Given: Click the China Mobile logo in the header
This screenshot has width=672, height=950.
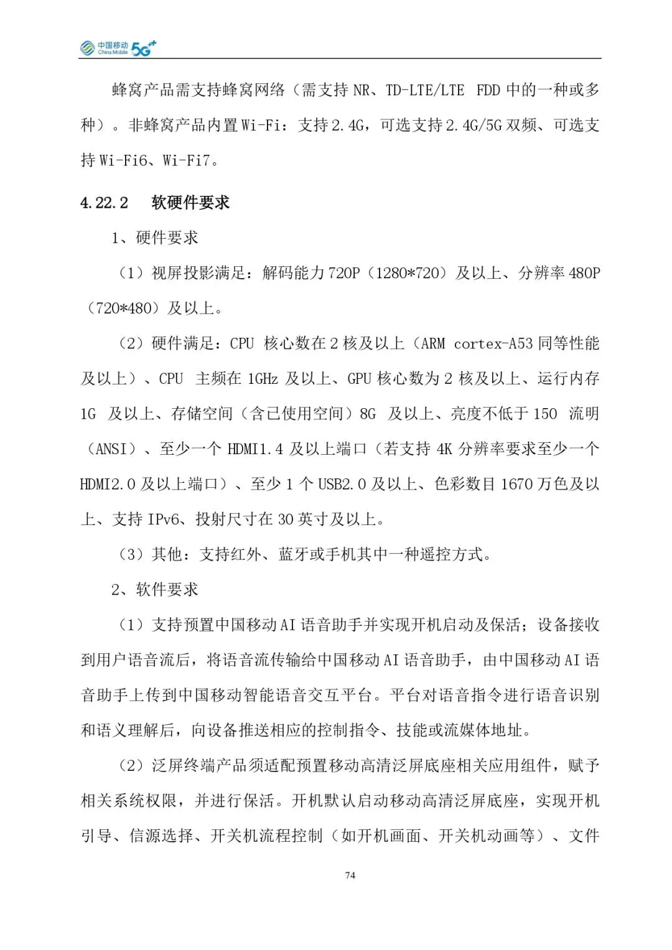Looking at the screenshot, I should click(104, 48).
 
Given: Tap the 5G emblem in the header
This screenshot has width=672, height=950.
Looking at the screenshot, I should click(143, 48).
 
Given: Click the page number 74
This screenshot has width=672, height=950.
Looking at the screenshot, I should click(350, 875).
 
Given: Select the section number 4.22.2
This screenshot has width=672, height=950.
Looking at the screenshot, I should click(104, 203).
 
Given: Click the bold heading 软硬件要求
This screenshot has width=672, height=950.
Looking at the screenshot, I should click(190, 203).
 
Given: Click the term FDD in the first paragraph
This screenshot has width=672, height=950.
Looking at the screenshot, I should click(488, 90).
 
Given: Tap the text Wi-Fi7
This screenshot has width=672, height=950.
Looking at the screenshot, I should click(186, 161).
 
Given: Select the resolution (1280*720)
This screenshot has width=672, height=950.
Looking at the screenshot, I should click(408, 273).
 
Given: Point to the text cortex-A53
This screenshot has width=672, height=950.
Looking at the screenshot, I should click(493, 343).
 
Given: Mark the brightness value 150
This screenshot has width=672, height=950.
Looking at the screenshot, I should click(545, 414).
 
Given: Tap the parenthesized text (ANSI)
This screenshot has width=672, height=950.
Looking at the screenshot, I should click(111, 449).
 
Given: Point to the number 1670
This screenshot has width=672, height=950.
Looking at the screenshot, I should click(516, 484).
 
